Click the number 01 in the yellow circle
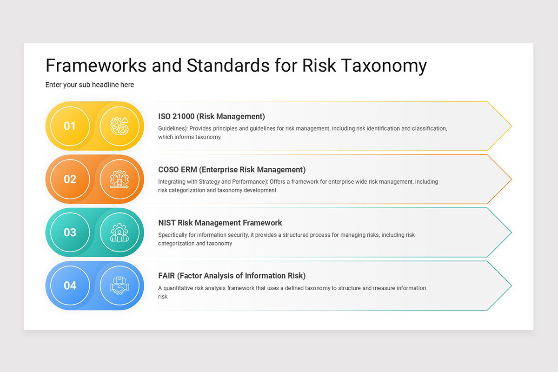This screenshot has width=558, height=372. (x=70, y=126)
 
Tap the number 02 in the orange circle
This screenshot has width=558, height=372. (x=70, y=179)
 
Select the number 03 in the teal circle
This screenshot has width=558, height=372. (x=70, y=232)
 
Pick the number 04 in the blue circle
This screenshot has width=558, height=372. (x=70, y=286)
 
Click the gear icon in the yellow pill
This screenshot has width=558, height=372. (x=120, y=126)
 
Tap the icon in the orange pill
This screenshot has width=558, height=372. (x=120, y=179)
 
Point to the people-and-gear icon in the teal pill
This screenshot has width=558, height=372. (x=120, y=232)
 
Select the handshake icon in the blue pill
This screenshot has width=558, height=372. (x=120, y=286)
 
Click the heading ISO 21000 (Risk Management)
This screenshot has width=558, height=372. (x=212, y=116)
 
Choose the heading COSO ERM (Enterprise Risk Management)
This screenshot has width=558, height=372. (x=232, y=169)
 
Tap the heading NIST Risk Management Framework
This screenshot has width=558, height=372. (x=220, y=223)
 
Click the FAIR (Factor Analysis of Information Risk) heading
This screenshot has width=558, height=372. (x=232, y=276)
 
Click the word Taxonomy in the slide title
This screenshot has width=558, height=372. (x=384, y=66)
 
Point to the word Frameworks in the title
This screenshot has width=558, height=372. (x=96, y=66)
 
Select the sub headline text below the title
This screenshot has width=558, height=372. (x=90, y=85)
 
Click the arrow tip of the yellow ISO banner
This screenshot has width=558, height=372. (x=511, y=126)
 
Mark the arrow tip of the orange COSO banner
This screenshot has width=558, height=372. (x=511, y=179)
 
